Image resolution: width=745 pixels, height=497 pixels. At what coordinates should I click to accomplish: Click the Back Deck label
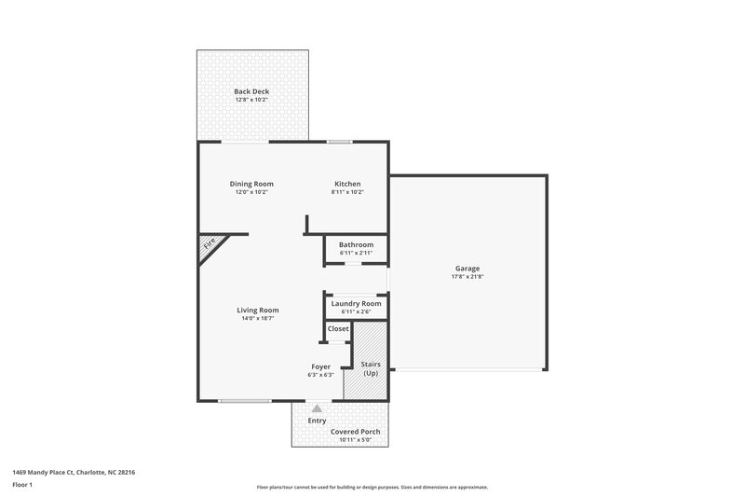pyautogui.click(x=251, y=90)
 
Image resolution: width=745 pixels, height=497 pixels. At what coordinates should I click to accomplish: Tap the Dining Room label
pyautogui.click(x=251, y=184)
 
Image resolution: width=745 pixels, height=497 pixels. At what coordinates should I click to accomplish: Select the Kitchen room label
pyautogui.click(x=347, y=184)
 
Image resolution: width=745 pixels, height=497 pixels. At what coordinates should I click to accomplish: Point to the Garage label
pyautogui.click(x=467, y=268)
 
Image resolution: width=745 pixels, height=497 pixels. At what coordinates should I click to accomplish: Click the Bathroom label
pyautogui.click(x=356, y=244)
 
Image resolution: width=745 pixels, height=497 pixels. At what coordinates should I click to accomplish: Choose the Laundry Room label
pyautogui.click(x=356, y=303)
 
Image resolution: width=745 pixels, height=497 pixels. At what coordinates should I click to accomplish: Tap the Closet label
pyautogui.click(x=338, y=328)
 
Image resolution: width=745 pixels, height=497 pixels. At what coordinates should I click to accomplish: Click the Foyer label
pyautogui.click(x=320, y=366)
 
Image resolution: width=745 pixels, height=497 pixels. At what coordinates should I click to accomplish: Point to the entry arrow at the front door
pyautogui.click(x=318, y=407)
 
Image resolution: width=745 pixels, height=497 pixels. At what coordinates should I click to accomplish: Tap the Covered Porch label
pyautogui.click(x=354, y=432)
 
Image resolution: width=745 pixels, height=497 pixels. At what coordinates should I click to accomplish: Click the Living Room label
pyautogui.click(x=257, y=310)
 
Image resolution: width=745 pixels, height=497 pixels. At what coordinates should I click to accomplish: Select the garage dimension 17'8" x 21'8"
pyautogui.click(x=467, y=276)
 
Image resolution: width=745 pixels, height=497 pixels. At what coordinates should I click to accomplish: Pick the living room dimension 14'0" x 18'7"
pyautogui.click(x=257, y=318)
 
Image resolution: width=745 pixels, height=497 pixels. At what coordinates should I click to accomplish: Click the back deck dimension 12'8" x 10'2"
pyautogui.click(x=251, y=99)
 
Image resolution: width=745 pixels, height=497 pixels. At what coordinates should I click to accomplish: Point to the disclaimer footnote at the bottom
pyautogui.click(x=372, y=487)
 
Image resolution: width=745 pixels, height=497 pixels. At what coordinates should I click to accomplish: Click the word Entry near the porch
pyautogui.click(x=318, y=421)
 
